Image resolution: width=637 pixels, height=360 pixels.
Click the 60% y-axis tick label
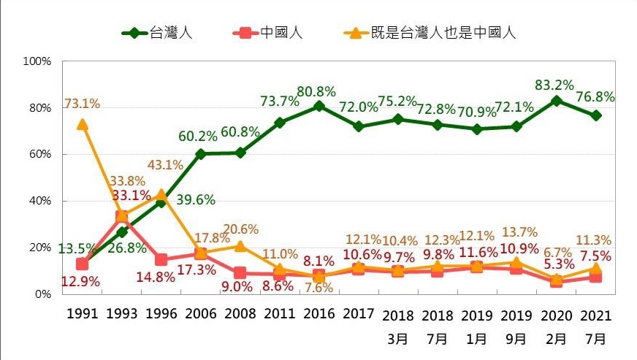(x=38, y=154)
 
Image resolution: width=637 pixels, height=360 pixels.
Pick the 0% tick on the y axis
(x=41, y=294)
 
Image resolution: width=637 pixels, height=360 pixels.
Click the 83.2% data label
(x=555, y=83)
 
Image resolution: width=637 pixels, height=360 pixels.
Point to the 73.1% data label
(x=82, y=104)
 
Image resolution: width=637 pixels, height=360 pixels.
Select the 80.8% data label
(x=316, y=91)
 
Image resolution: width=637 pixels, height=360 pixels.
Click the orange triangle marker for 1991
(x=82, y=124)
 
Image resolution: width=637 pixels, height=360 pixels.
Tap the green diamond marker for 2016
(x=318, y=106)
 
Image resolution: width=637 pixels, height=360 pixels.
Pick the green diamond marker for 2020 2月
(x=556, y=101)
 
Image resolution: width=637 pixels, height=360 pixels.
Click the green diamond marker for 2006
(x=200, y=154)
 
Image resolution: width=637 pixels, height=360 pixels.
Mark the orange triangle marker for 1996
(x=161, y=194)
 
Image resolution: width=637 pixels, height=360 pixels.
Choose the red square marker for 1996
(x=161, y=259)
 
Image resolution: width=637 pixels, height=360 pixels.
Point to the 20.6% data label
(x=240, y=229)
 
